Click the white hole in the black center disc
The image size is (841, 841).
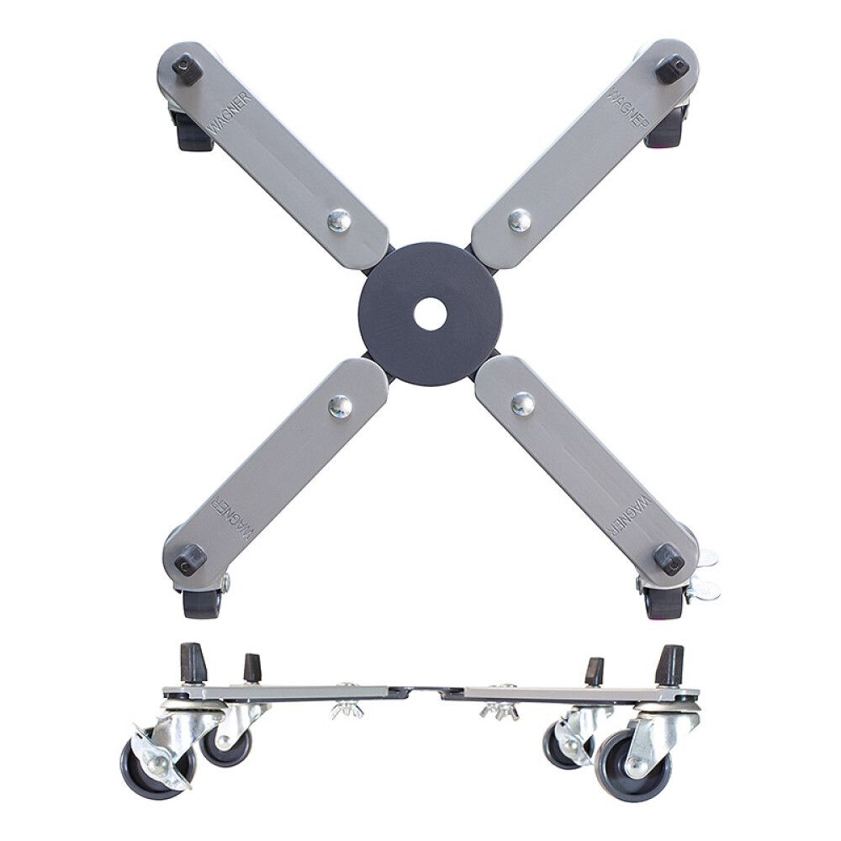pos(430,314)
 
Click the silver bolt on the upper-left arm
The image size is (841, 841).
pos(339,220)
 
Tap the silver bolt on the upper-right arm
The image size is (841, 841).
pos(520,220)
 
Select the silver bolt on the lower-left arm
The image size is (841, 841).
pos(340,406)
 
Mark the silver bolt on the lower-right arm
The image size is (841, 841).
pos(521,404)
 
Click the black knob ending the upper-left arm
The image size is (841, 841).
pos(187,68)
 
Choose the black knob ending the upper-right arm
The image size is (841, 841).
pos(672,68)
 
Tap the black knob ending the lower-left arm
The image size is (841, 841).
pos(190,559)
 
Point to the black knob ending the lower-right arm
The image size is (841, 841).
pos(669,558)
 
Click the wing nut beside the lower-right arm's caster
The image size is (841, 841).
pos(703,589)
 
